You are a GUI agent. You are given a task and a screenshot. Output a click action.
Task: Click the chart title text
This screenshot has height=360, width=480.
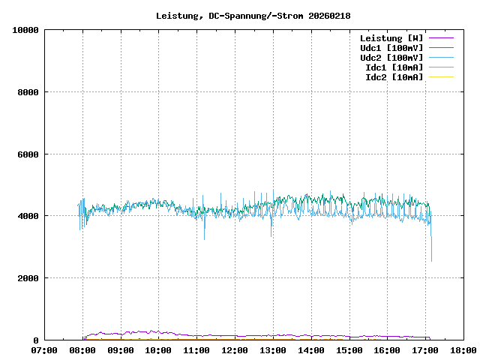tap(253, 15)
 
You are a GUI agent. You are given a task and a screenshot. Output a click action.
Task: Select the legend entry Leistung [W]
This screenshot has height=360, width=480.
tap(391, 37)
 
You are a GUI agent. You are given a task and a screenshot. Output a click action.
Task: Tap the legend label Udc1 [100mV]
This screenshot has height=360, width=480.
tap(391, 47)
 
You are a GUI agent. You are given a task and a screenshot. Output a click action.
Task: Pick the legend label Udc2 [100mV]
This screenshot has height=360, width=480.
tap(391, 57)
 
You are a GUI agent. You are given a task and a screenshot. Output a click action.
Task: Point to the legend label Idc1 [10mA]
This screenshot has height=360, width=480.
tap(394, 67)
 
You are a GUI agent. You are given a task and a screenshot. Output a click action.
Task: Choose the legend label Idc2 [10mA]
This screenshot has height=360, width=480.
tap(394, 76)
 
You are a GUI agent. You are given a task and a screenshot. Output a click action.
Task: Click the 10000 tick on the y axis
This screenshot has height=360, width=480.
tap(25, 30)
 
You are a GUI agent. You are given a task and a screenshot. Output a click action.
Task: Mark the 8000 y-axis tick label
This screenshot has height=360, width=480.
tap(28, 92)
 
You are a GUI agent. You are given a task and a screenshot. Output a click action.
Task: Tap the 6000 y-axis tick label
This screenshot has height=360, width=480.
tap(28, 154)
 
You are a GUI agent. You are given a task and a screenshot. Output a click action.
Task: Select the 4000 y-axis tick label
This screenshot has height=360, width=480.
tap(28, 216)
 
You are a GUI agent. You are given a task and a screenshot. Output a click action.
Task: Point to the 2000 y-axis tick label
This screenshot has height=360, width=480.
tap(28, 278)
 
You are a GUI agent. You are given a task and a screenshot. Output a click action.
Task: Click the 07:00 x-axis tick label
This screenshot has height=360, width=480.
tap(44, 350)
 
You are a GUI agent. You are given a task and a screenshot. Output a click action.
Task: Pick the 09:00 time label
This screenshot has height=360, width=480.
tap(121, 350)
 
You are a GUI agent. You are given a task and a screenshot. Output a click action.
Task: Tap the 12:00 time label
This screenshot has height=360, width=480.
tap(235, 350)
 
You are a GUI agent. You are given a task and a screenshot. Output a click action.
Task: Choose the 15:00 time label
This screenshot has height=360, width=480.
tap(349, 350)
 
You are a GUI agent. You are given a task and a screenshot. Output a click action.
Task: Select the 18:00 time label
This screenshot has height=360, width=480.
tap(463, 350)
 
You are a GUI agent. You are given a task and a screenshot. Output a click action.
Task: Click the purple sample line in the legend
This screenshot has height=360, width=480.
tap(441, 37)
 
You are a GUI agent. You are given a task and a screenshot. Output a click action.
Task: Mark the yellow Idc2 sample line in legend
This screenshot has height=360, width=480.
tap(441, 76)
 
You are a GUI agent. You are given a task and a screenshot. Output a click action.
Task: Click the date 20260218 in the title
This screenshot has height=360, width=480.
tap(329, 15)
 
